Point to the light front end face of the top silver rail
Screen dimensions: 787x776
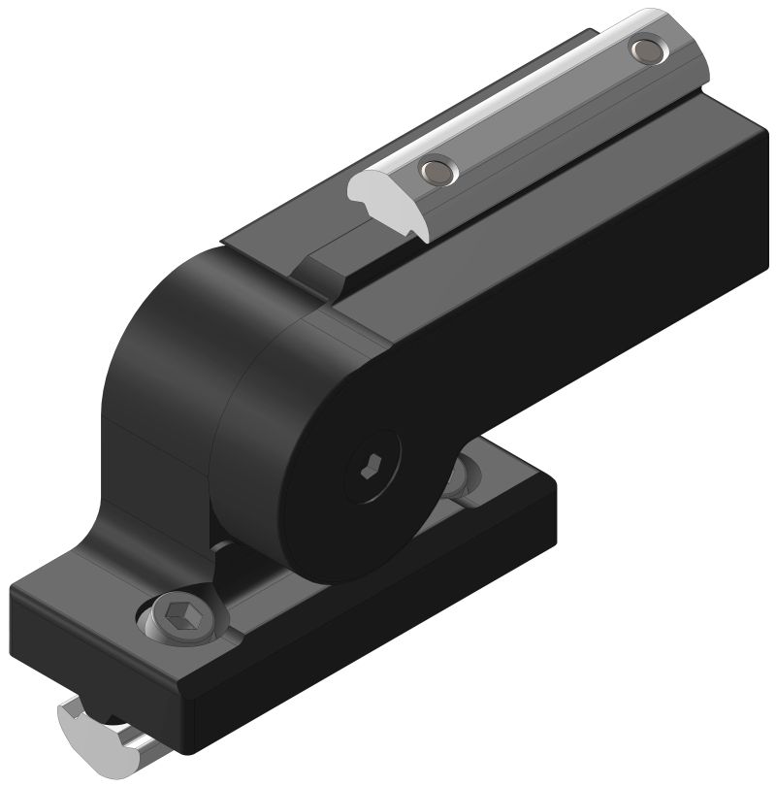point(389,195)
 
